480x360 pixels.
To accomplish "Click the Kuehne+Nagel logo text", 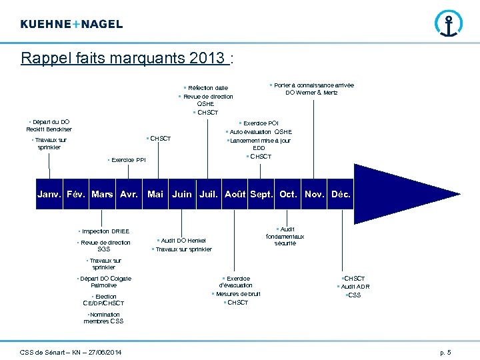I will pos(71,24).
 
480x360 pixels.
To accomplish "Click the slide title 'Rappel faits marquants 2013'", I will pos(124,59).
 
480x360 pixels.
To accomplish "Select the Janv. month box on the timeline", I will pos(50,195).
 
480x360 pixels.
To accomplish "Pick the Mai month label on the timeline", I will pos(155,195).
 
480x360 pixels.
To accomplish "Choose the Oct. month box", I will pos(289,195).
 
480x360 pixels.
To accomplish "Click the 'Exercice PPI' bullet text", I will pos(128,160).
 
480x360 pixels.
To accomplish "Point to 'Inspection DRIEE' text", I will pos(105,231).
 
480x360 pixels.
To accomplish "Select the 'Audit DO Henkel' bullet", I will pos(183,241).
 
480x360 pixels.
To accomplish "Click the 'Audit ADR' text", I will pos(355,287).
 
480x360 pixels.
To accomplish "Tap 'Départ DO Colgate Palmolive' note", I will pos(105,281).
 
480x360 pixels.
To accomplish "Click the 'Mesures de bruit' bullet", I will pos(238,294).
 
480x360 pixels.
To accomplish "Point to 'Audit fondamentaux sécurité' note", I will pos(285,236).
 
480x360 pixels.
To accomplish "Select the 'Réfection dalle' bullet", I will pos(207,88).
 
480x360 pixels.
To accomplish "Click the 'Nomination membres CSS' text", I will pos(103,318).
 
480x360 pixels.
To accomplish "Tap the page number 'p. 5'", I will pos(445,352).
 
